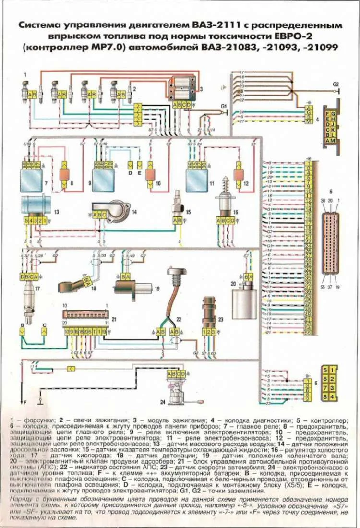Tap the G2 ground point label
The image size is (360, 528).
point(336,84)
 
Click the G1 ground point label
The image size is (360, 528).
point(223,105)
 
